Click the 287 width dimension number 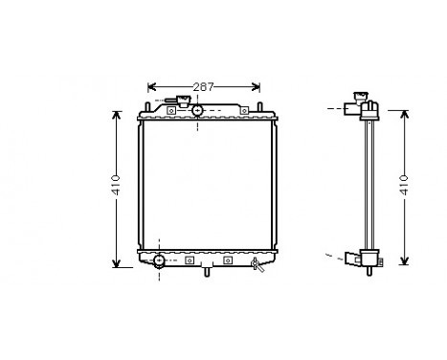201,86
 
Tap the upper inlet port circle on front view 197,111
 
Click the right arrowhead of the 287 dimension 257,86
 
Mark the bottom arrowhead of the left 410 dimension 116,264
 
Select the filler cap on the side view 361,96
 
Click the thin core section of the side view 368,187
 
